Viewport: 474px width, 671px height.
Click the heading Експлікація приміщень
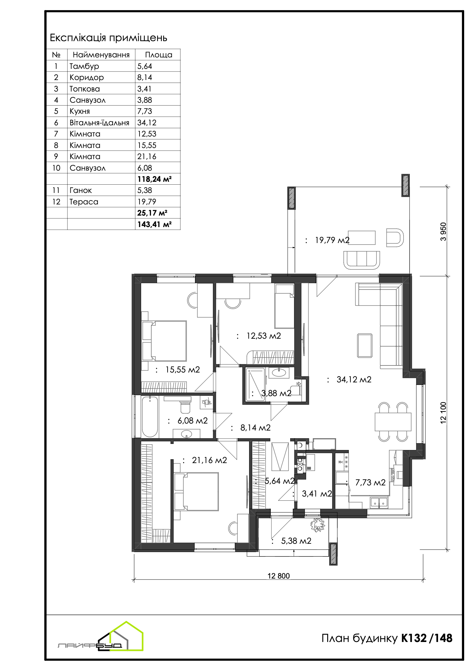pyautogui.click(x=108, y=38)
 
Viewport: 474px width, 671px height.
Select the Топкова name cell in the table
pyautogui.click(x=85, y=89)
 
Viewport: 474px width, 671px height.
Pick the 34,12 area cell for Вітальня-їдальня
pyautogui.click(x=147, y=122)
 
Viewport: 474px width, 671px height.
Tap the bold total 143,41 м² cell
pyautogui.click(x=154, y=224)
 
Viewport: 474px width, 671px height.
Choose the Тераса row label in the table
pyautogui.click(x=84, y=202)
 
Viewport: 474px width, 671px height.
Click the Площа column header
pyautogui.click(x=159, y=55)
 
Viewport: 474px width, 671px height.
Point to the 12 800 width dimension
pyautogui.click(x=278, y=576)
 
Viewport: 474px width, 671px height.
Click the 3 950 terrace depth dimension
pyautogui.click(x=443, y=232)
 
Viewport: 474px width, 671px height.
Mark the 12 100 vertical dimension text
pyautogui.click(x=443, y=413)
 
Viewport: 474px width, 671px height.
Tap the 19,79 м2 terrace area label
pyautogui.click(x=332, y=240)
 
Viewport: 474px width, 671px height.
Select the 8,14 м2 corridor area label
pyautogui.click(x=255, y=428)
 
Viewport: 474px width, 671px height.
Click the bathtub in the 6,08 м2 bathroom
pyautogui.click(x=150, y=417)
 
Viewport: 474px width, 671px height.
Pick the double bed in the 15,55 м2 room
pyautogui.click(x=164, y=341)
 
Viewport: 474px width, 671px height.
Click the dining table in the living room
pyautogui.click(x=393, y=422)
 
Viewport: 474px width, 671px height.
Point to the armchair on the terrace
pyautogui.click(x=395, y=237)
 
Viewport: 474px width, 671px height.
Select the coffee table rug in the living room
pyautogui.click(x=365, y=345)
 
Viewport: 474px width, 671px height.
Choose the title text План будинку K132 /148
pyautogui.click(x=387, y=638)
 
